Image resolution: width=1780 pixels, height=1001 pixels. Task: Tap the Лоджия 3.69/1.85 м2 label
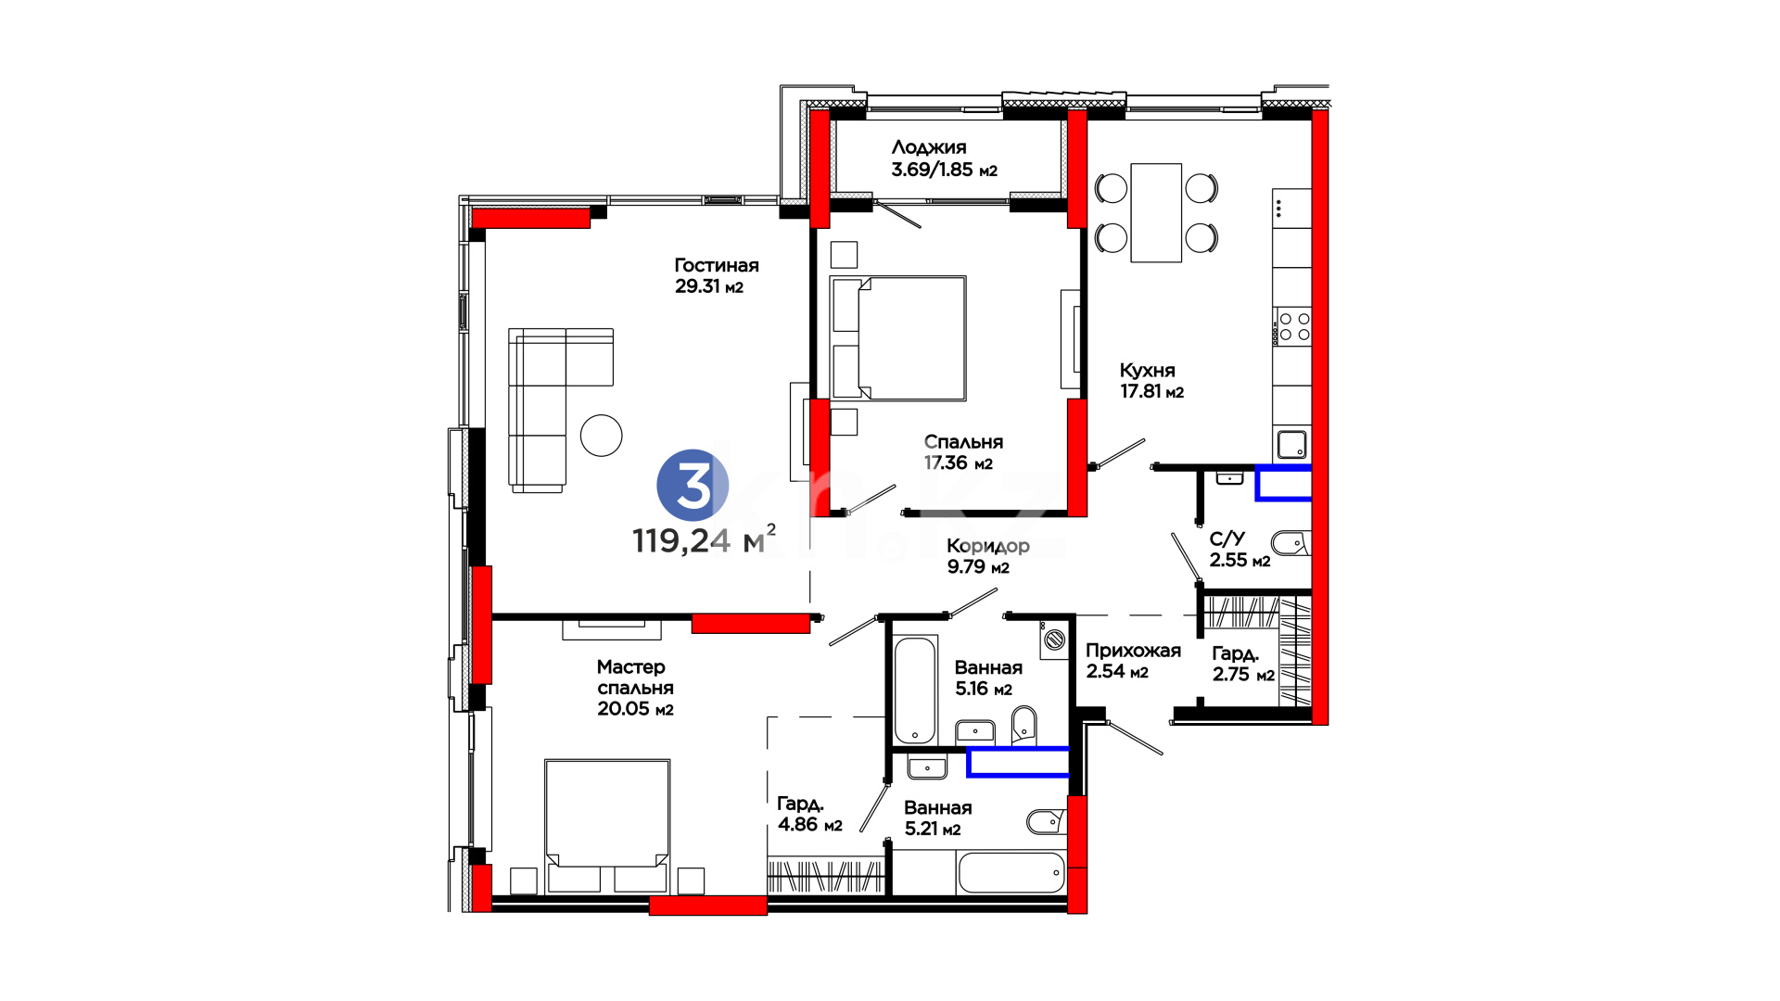click(944, 158)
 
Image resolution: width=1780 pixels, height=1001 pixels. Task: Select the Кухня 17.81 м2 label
click(1151, 381)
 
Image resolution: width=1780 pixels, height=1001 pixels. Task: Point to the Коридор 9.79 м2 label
click(987, 556)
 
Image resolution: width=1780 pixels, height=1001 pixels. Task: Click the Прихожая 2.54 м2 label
click(1133, 660)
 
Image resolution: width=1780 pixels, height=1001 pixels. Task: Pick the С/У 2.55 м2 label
click(1240, 550)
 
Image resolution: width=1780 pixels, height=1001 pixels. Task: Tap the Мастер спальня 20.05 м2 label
click(635, 688)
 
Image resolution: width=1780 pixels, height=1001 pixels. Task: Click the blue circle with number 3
click(693, 485)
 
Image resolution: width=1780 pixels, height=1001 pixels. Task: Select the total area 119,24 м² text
click(704, 539)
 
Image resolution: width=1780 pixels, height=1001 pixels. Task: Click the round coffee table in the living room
click(602, 435)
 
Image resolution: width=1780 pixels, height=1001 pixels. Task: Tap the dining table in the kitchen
click(1156, 212)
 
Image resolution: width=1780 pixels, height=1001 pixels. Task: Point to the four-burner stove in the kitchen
click(1293, 327)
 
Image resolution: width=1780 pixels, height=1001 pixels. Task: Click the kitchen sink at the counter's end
click(1292, 445)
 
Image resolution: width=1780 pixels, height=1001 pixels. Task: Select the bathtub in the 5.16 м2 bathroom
click(916, 690)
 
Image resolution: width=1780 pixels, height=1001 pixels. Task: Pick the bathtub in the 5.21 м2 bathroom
click(1011, 872)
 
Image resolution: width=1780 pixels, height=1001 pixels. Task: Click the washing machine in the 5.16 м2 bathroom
click(1054, 639)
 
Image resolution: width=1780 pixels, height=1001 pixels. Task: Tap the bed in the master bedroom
click(607, 826)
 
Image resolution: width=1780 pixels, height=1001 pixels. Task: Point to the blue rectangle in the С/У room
click(1284, 484)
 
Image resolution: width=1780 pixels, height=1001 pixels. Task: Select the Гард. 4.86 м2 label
click(809, 814)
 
